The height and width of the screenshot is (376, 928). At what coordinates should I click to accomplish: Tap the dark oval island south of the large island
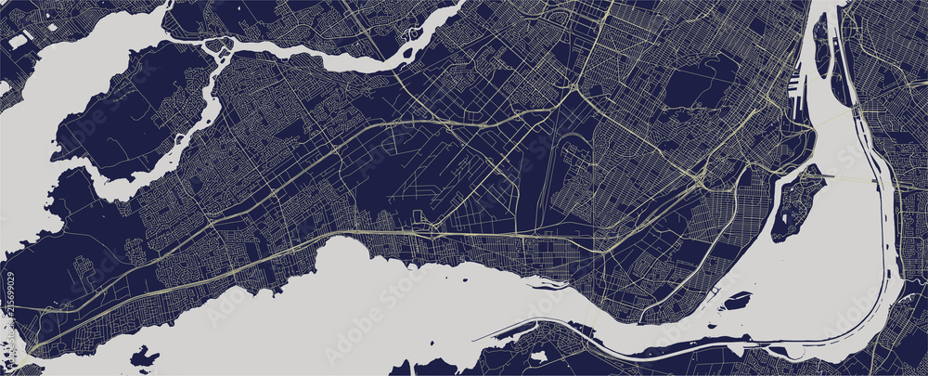[738, 302]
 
